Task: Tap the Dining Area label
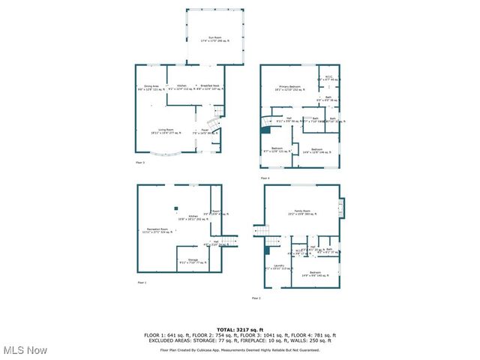tap(151, 88)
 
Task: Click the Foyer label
tap(204, 131)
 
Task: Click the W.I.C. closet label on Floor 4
tap(328, 77)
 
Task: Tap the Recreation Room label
tap(156, 229)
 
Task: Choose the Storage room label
tap(193, 261)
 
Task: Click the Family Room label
tap(302, 213)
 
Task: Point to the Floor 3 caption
tap(140, 162)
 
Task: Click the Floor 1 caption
tap(142, 282)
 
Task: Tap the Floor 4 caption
tap(265, 178)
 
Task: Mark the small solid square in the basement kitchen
tap(176, 209)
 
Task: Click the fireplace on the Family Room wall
tap(341, 208)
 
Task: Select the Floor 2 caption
tap(256, 298)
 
